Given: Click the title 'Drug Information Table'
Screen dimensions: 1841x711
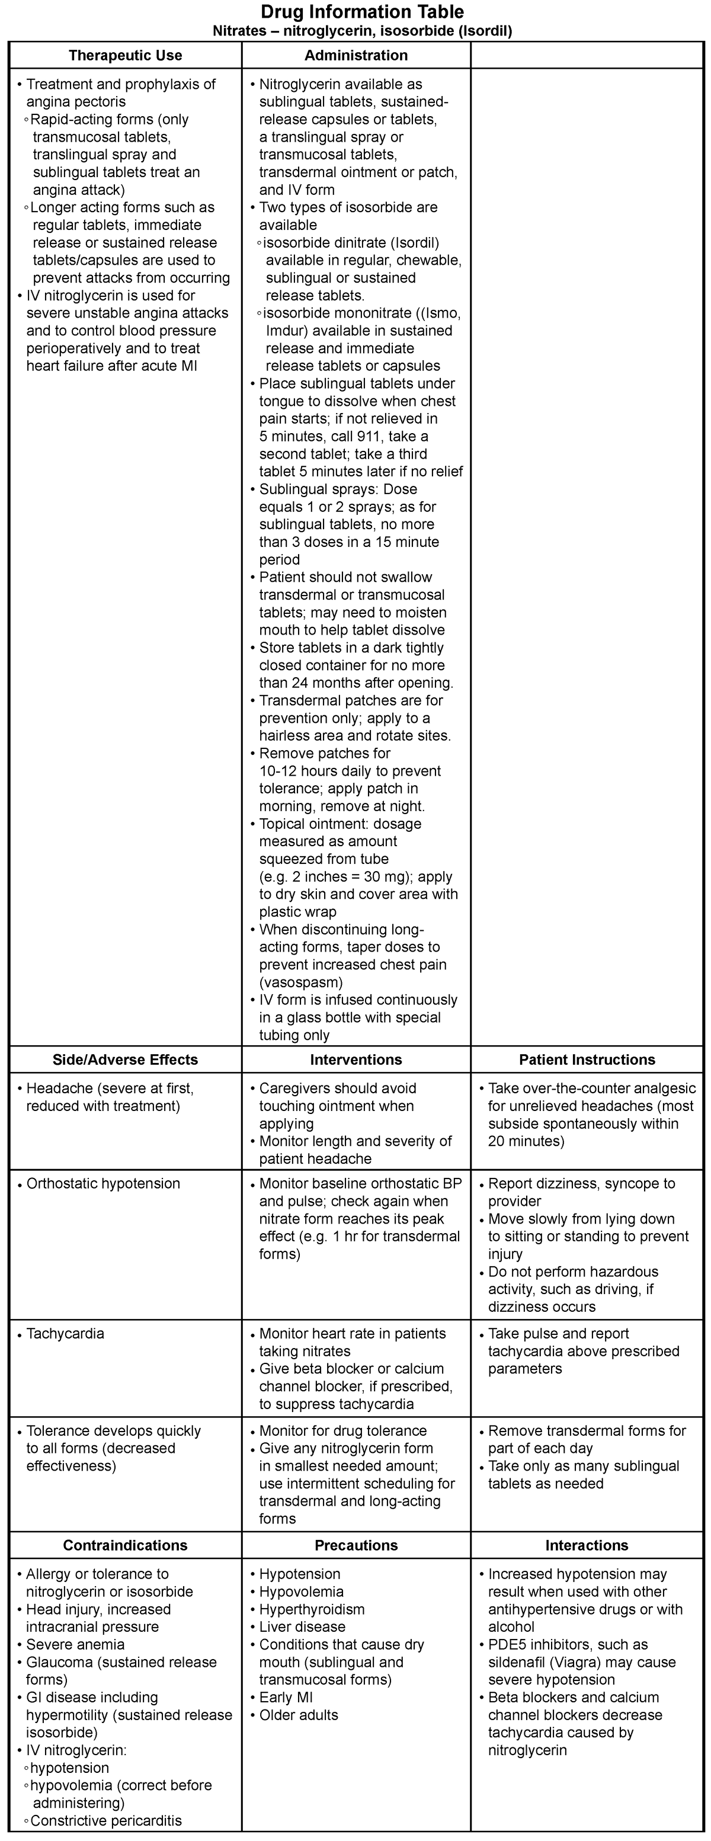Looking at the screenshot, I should (x=361, y=12).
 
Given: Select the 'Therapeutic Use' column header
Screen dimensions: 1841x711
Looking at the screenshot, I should (x=125, y=56).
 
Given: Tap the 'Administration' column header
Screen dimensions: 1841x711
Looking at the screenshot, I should (x=356, y=56).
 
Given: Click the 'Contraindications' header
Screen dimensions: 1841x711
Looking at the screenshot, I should (x=125, y=1545).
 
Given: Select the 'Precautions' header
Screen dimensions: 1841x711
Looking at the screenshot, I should (x=356, y=1545).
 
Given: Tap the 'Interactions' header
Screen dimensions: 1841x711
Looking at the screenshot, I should (x=587, y=1545).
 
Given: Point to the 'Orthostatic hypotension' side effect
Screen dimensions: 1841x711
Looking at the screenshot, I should (x=103, y=1183).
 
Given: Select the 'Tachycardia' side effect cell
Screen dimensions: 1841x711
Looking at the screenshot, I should (x=65, y=1334).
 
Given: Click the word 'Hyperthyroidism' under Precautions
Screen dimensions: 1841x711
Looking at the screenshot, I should (x=312, y=1609).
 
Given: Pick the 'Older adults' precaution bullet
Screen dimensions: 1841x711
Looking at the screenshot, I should (x=299, y=1715).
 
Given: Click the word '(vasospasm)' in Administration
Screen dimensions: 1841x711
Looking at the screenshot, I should (x=301, y=982).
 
